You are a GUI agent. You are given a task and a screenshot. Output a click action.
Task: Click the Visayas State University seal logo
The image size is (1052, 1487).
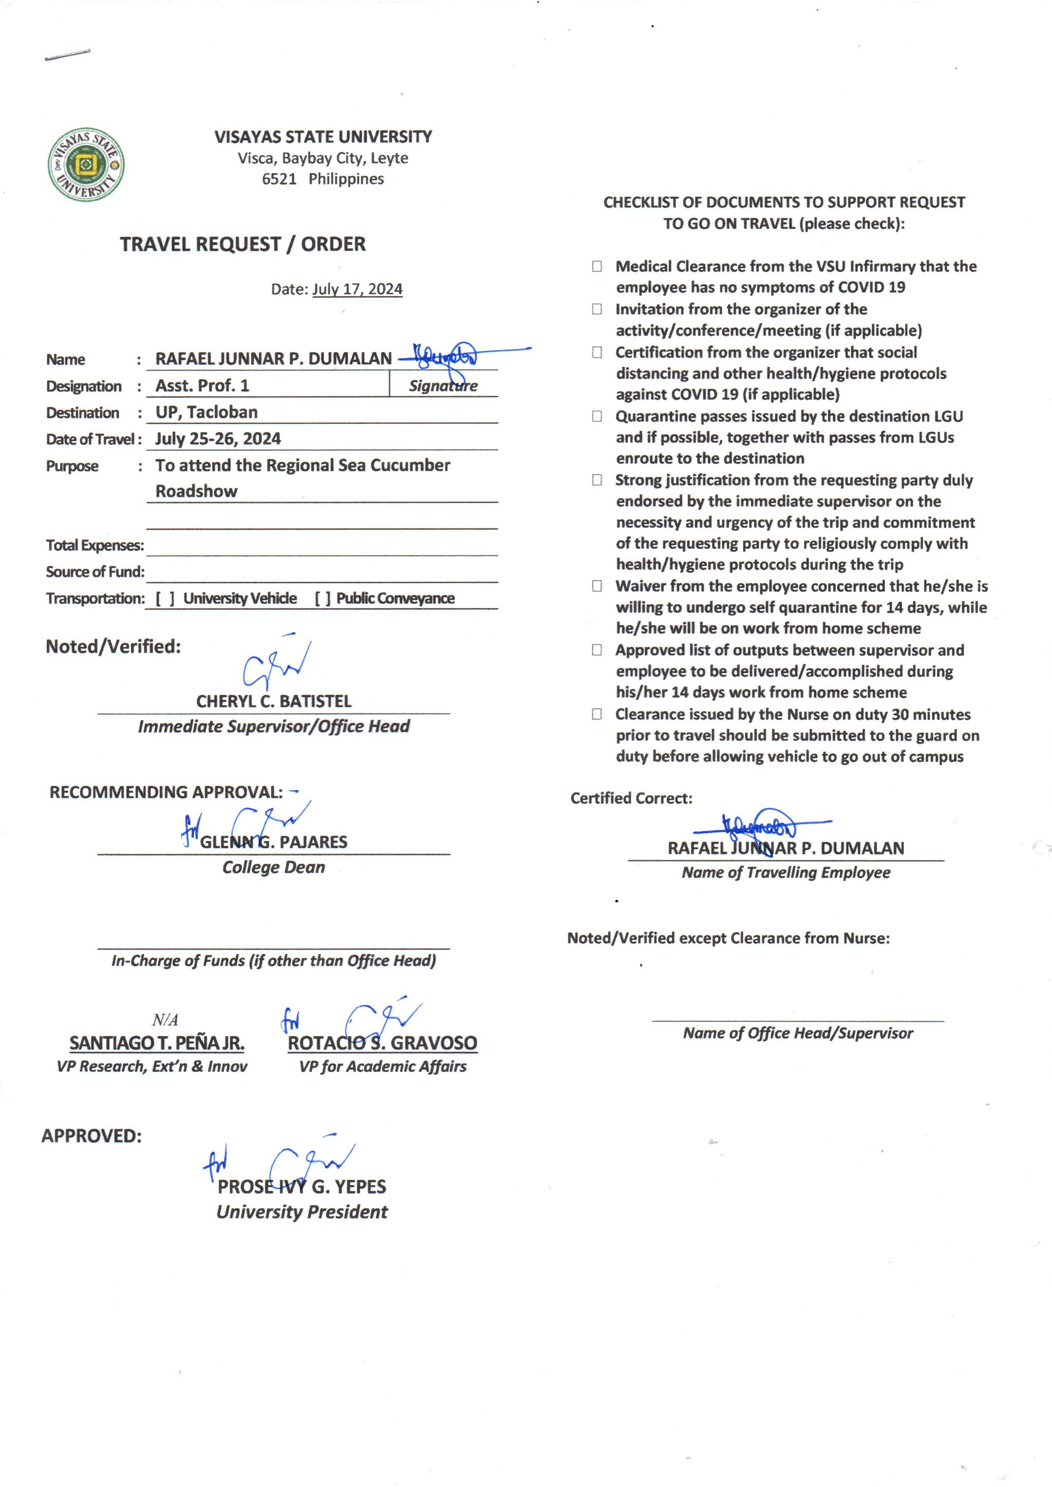(x=86, y=164)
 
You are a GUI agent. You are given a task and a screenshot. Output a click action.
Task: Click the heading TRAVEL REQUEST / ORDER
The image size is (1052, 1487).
(x=243, y=244)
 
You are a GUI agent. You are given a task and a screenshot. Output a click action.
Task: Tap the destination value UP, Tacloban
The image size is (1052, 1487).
(x=206, y=412)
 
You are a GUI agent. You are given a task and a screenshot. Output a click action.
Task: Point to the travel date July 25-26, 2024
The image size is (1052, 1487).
(x=218, y=439)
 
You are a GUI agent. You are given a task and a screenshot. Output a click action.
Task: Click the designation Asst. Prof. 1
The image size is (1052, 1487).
(x=202, y=385)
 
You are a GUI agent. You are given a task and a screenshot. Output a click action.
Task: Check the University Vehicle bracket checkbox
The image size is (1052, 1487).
(x=164, y=599)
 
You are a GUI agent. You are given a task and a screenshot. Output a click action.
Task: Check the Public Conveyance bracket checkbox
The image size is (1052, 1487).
(x=323, y=599)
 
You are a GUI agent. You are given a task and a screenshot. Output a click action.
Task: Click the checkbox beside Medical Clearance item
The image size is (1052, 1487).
(x=596, y=266)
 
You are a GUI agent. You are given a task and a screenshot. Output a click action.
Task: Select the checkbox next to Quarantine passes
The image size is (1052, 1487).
(x=596, y=416)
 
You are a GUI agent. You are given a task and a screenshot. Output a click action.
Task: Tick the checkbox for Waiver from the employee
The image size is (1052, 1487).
(x=596, y=586)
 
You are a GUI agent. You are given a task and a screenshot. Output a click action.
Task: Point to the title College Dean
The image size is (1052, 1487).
(x=273, y=867)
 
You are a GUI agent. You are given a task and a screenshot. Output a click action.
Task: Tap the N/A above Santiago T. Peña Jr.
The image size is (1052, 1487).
(x=165, y=1020)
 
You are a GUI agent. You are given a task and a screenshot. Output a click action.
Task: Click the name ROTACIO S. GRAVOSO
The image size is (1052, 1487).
(x=382, y=1043)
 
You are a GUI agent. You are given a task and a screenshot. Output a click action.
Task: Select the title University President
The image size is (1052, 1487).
(x=302, y=1212)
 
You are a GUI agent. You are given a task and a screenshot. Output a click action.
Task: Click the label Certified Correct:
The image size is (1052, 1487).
(x=631, y=798)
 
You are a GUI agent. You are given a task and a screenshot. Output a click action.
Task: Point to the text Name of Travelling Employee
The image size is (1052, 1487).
(x=786, y=873)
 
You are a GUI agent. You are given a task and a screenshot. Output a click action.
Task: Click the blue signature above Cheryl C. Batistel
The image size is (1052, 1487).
(x=275, y=664)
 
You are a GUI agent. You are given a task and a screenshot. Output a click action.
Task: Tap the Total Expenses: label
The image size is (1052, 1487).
(x=95, y=546)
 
